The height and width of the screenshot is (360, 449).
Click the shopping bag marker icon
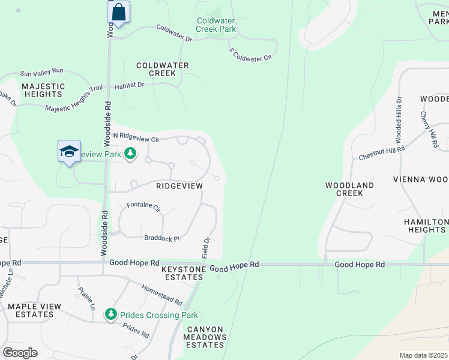(x=119, y=12)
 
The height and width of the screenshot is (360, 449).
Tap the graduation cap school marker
(x=69, y=151)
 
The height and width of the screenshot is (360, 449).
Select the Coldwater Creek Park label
(x=216, y=25)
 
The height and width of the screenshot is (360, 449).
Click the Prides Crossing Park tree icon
(x=110, y=314)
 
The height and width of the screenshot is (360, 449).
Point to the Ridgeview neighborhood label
(x=179, y=186)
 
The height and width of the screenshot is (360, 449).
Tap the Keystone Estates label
(x=183, y=274)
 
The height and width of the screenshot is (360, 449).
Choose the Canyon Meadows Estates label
(x=206, y=337)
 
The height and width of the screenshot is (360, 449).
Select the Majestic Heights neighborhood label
(x=43, y=90)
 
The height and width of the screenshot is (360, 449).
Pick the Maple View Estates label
(x=34, y=310)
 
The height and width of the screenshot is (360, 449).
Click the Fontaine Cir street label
(x=143, y=208)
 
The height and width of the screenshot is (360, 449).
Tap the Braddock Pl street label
(x=161, y=238)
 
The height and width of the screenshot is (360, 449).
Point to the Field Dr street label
(x=206, y=248)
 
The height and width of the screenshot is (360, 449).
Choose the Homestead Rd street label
(x=162, y=294)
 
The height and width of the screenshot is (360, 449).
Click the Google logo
(x=19, y=353)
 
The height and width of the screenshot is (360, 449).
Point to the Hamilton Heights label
(x=426, y=226)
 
